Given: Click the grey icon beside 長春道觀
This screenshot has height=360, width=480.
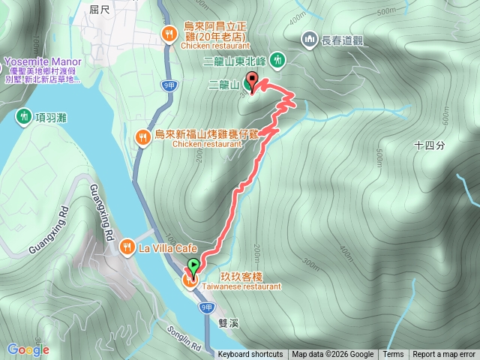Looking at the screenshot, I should coord(309,38).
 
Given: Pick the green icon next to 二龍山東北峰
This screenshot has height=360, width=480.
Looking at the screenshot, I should coord(278,58).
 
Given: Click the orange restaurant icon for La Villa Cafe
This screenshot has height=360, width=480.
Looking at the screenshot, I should coord(128,246).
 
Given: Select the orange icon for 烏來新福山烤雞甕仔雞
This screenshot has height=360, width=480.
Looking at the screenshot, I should coord(142,136).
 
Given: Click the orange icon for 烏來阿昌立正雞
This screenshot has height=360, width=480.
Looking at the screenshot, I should coord(170,34).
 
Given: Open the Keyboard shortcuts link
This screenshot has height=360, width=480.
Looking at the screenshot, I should coord(250,355).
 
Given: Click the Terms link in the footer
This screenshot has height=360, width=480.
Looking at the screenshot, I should coord(393,355).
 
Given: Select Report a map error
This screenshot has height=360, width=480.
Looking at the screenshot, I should coord(444,355).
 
